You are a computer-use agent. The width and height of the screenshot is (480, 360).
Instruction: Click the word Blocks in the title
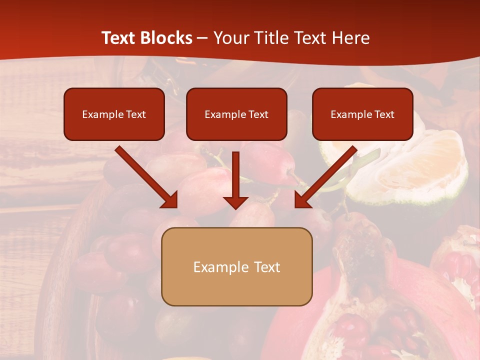[167, 38]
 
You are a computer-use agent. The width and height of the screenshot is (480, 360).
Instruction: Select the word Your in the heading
[229, 38]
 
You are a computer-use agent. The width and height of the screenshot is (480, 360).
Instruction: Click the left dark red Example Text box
[114, 114]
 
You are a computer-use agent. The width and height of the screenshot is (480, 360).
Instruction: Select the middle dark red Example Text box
[236, 114]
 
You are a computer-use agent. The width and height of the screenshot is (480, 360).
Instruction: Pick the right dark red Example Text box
[362, 114]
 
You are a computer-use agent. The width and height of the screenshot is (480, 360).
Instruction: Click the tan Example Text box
[236, 266]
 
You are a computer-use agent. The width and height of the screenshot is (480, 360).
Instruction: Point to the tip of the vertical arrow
[235, 207]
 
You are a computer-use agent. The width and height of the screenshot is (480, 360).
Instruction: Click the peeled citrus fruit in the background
[410, 165]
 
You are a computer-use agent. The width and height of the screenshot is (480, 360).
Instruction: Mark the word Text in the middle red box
[258, 114]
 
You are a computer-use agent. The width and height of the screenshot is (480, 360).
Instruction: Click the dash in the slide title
[202, 38]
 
